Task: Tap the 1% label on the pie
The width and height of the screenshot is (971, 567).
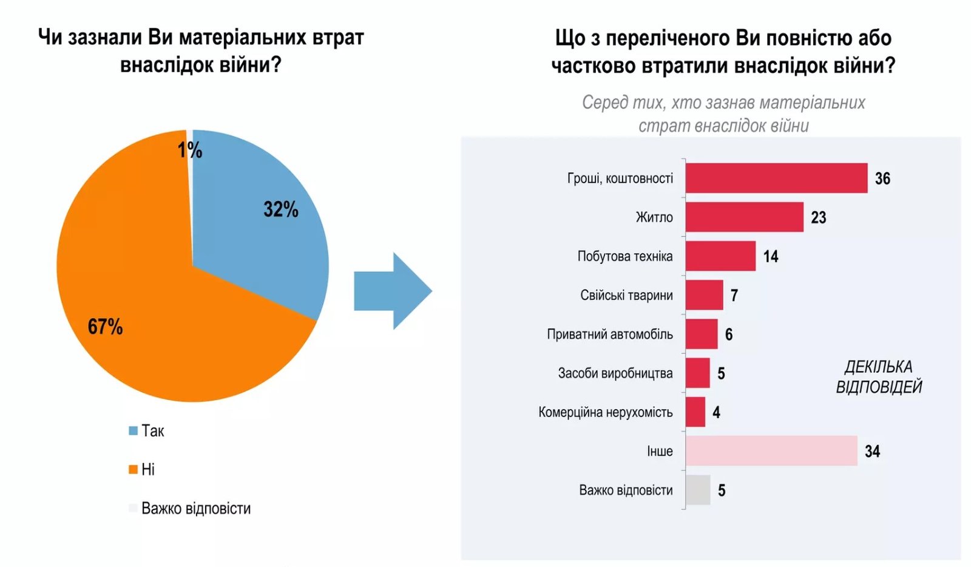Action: click(189, 150)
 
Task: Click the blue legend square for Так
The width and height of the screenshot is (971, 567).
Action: click(133, 431)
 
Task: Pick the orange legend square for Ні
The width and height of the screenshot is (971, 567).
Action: click(133, 469)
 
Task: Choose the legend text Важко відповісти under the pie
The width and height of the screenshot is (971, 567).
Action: click(195, 508)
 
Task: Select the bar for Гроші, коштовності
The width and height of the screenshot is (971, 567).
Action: click(776, 178)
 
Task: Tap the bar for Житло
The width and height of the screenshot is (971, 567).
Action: click(744, 217)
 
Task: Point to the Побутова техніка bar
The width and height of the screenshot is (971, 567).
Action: click(720, 256)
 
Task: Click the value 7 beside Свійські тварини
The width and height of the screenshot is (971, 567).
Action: click(734, 296)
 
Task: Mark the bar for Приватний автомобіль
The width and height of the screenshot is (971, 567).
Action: click(702, 334)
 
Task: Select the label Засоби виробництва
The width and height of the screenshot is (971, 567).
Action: click(615, 373)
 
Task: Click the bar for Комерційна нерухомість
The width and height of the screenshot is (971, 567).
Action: click(695, 412)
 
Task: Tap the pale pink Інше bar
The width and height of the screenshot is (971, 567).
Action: click(771, 451)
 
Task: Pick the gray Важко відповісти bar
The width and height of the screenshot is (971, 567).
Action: click(698, 490)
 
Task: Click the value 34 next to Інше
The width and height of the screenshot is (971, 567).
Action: click(872, 452)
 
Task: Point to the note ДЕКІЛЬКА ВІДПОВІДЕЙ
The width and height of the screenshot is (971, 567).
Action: click(878, 376)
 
